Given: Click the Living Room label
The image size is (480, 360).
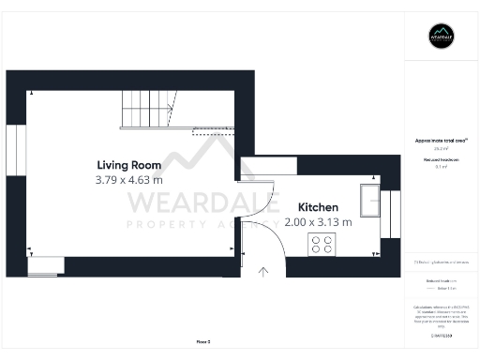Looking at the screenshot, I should pos(128,165).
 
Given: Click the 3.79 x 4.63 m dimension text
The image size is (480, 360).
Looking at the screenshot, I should pos(128,179).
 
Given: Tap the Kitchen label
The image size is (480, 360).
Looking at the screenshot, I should pos(318,207).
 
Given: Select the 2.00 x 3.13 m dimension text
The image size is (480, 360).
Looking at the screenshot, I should pos(318,222).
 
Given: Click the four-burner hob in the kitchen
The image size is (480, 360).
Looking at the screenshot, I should pos(322,244).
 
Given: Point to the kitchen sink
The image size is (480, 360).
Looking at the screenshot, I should pos(369,202).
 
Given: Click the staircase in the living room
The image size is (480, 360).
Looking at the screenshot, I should pos(146,110).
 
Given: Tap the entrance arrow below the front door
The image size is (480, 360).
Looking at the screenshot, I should pos(262,272).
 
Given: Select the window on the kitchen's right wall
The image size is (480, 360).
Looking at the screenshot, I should pos(395,215).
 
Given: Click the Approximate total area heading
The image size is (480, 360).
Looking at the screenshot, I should pos(441,141).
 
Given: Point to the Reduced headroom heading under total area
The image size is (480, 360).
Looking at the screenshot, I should pos(441,160).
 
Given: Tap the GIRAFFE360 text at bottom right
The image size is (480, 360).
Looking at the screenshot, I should pos(441,335).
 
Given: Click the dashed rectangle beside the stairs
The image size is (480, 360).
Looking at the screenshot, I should pos(214,133).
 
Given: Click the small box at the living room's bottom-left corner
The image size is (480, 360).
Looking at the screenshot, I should pos(41,265).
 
